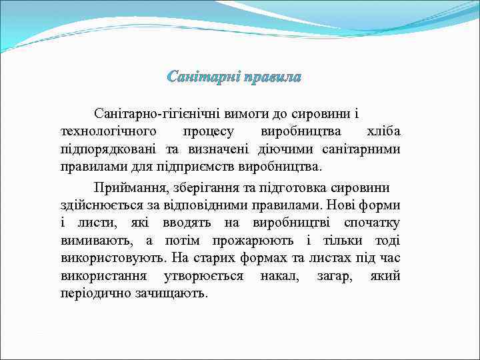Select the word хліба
click(384, 131)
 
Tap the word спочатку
click(372, 223)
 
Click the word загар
click(329, 276)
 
